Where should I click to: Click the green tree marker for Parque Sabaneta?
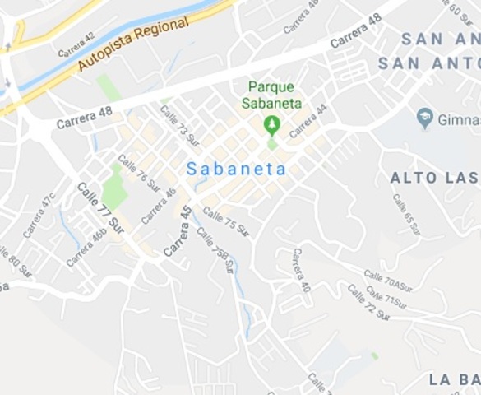click(x=271, y=125)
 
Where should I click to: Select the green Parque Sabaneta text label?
click(x=271, y=95)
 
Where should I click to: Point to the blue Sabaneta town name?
click(x=236, y=170)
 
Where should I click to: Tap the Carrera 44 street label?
click(x=308, y=119)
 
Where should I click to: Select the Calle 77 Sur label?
click(x=100, y=208)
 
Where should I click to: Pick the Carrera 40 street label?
click(x=300, y=270)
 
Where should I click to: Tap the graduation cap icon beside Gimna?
click(x=425, y=117)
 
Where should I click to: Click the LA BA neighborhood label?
click(x=454, y=379)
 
